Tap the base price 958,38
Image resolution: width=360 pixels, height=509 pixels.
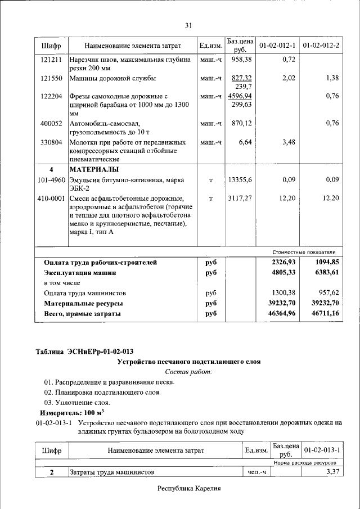(241, 59)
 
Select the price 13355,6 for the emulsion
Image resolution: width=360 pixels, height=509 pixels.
(241, 179)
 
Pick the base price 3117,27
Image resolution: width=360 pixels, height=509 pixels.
(241, 198)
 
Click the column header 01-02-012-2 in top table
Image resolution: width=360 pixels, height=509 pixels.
(321, 44)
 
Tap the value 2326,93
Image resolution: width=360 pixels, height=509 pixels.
(283, 263)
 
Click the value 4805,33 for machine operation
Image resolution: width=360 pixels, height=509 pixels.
(283, 273)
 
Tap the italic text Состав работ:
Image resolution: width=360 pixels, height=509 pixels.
(188, 372)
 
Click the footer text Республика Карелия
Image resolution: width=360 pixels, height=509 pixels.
(188, 489)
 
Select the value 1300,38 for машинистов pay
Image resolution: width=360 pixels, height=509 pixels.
(283, 293)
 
